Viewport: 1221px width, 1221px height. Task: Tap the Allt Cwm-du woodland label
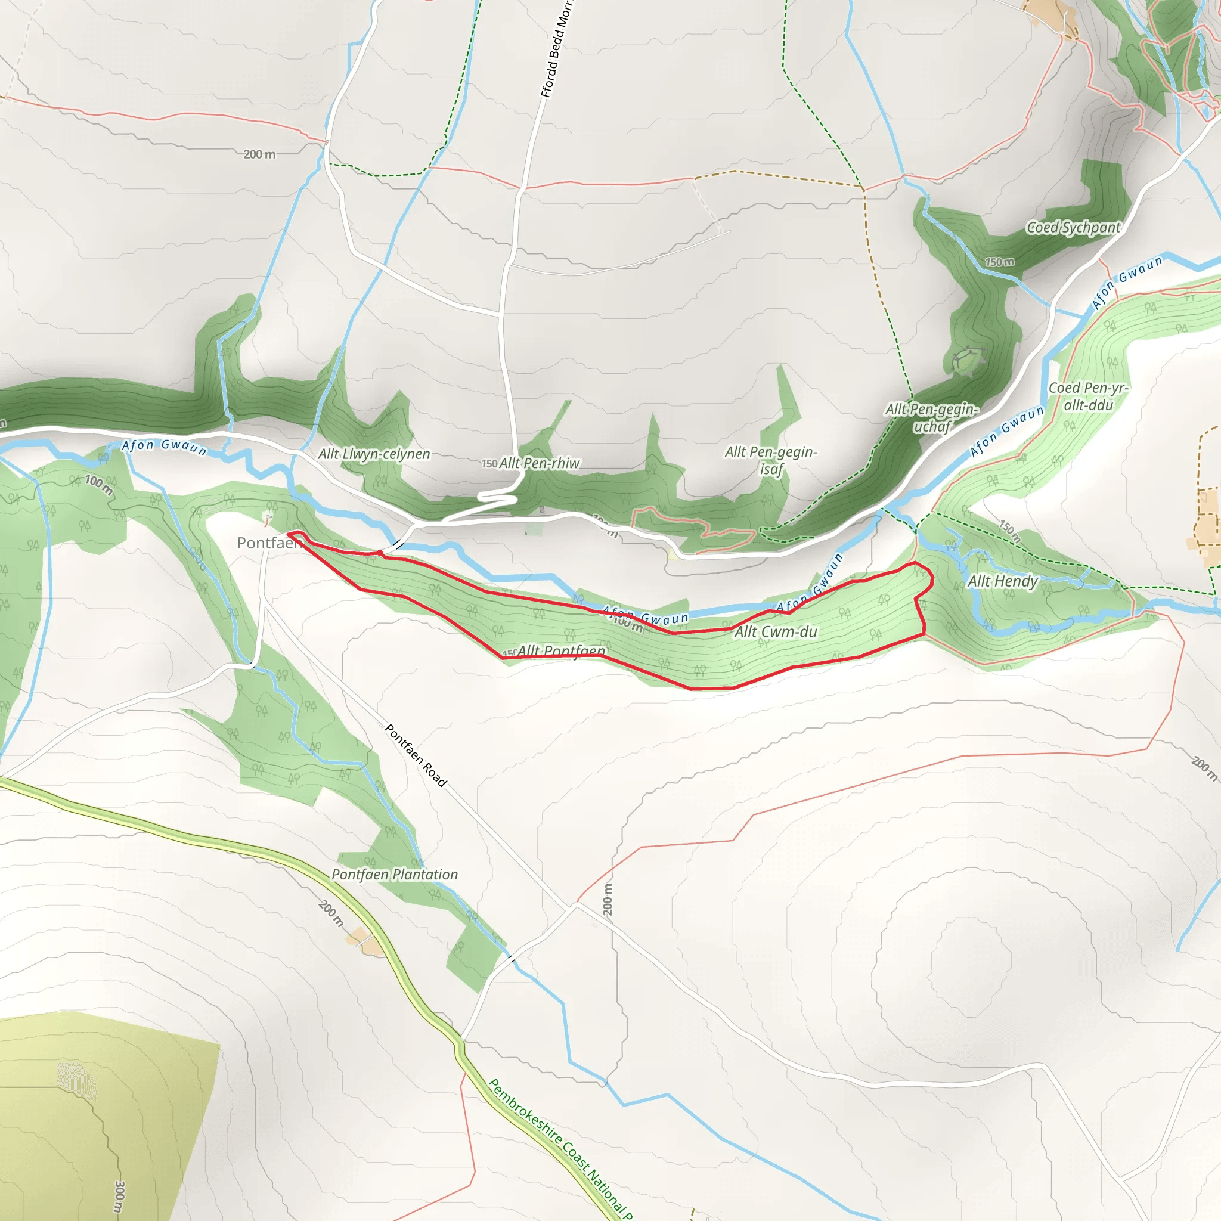point(776,631)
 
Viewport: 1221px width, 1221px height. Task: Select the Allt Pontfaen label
point(561,651)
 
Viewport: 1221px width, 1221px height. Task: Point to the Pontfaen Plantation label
point(394,875)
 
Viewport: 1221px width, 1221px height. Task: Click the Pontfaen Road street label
point(416,755)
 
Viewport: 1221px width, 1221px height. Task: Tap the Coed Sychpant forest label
point(1073,228)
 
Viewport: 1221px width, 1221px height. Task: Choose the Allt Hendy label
point(1002,581)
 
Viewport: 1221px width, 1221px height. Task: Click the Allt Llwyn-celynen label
point(374,454)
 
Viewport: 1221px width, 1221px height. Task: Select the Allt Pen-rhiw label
point(539,463)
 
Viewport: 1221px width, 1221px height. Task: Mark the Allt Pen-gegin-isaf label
point(771,460)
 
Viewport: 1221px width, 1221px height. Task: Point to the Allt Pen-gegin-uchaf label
point(932,417)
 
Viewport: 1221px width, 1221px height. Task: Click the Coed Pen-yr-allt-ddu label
point(1087,396)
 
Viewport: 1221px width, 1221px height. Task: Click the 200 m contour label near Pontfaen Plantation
point(331,913)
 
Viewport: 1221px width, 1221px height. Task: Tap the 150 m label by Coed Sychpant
point(1000,262)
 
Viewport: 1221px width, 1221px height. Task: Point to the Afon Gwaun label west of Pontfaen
point(165,447)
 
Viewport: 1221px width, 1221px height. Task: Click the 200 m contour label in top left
point(259,154)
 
